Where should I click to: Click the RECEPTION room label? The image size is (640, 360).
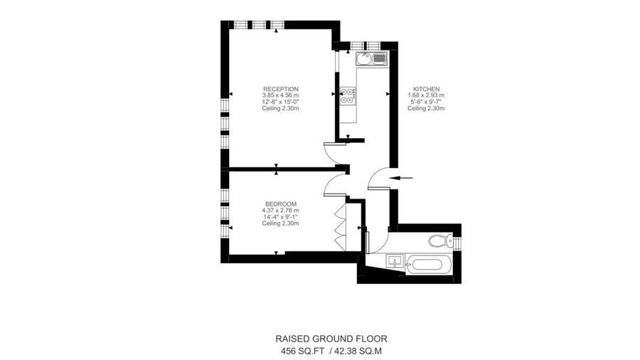280,89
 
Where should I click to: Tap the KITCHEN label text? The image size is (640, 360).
426,89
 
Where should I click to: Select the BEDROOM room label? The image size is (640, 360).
280,204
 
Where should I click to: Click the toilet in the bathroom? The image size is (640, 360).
440,240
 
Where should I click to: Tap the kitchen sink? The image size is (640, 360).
370,59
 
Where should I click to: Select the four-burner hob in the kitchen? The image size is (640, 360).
348,95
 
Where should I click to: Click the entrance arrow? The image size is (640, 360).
401,178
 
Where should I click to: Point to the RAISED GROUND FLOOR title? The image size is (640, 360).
331,339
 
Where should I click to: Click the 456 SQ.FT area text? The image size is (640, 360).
302,351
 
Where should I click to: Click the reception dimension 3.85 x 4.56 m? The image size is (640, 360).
280,95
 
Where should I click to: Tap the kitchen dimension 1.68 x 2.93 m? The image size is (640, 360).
426,95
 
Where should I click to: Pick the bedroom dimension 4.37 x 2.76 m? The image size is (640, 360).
280,211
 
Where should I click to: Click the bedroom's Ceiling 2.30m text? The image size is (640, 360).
280,223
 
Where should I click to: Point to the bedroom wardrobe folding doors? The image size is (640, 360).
340,226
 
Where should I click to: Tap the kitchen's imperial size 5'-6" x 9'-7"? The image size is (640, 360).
426,102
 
